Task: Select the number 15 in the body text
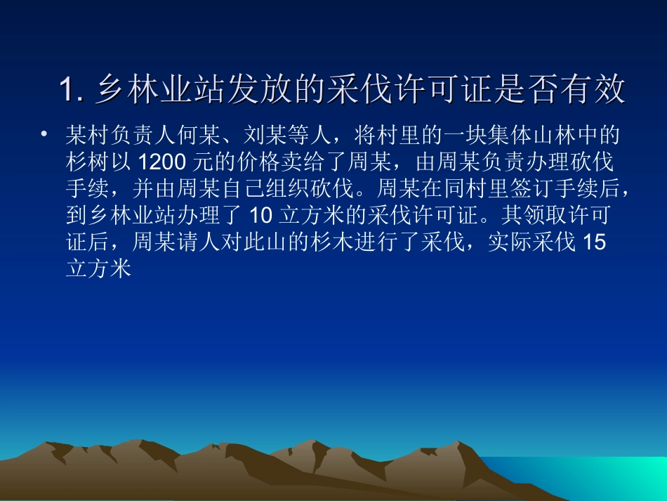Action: tap(593, 243)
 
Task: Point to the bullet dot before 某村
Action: tap(45, 133)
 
